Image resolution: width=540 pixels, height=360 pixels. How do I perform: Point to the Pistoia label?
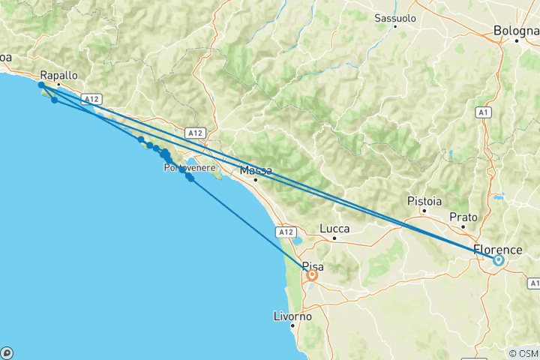tap(424, 201)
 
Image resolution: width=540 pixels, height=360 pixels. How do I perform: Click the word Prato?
tap(463, 216)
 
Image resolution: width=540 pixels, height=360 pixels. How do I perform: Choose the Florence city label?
tap(498, 249)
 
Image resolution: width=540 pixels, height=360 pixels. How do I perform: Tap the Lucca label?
tap(334, 226)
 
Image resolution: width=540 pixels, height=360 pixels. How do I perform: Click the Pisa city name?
tap(311, 265)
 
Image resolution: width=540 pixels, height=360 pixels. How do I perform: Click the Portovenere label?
tap(190, 169)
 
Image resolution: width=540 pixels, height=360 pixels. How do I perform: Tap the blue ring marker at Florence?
tap(498, 260)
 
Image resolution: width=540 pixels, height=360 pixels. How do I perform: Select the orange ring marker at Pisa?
tap(311, 275)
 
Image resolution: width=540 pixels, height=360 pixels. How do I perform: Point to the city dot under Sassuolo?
tap(395, 25)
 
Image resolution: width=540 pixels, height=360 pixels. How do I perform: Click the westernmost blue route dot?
tap(41, 86)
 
